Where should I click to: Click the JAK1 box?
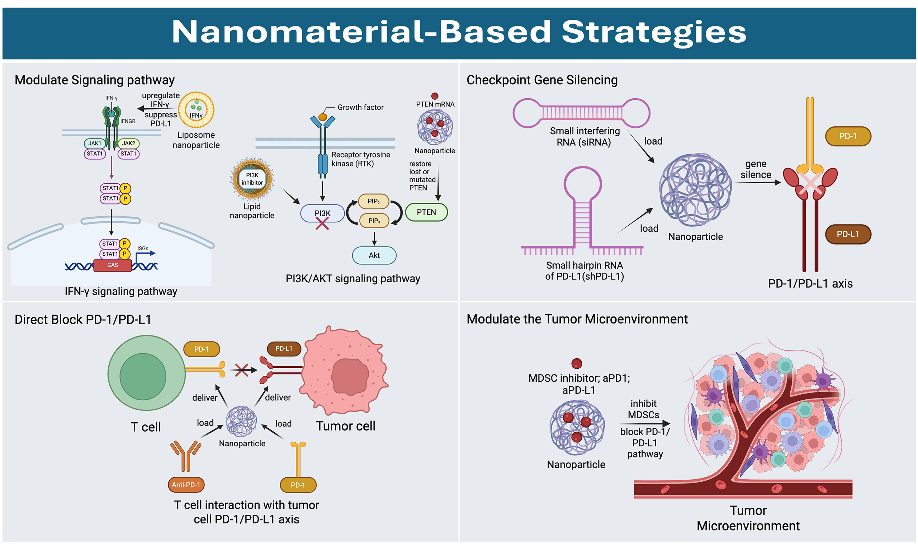pos(94,143)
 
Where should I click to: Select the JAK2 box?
pos(128,143)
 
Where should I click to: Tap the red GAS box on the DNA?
pos(113,265)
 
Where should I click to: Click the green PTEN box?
pos(426,212)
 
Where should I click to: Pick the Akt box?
pos(374,255)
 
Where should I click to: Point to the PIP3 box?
pos(374,221)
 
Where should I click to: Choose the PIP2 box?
pos(373,201)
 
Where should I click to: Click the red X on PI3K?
pos(322,223)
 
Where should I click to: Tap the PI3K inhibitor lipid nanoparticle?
pos(252,179)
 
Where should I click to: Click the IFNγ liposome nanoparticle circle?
pos(196,110)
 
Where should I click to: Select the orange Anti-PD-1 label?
pos(186,485)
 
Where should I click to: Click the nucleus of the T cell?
pos(142,377)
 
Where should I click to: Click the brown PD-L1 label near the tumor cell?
pos(284,349)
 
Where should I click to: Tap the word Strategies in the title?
pos(654,32)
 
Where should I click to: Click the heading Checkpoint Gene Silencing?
pos(542,80)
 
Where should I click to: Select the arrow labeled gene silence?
pos(757,183)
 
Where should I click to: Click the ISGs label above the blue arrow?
pos(143,248)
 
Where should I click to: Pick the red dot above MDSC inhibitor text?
pos(576,363)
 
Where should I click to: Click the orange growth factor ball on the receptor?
pos(322,117)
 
